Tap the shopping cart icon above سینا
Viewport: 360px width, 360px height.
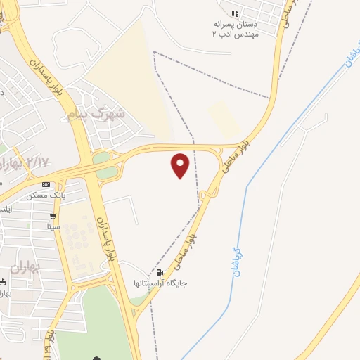(x=53, y=217)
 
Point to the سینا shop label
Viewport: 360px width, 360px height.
(x=53, y=226)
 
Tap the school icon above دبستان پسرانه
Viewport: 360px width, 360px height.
(x=236, y=13)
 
